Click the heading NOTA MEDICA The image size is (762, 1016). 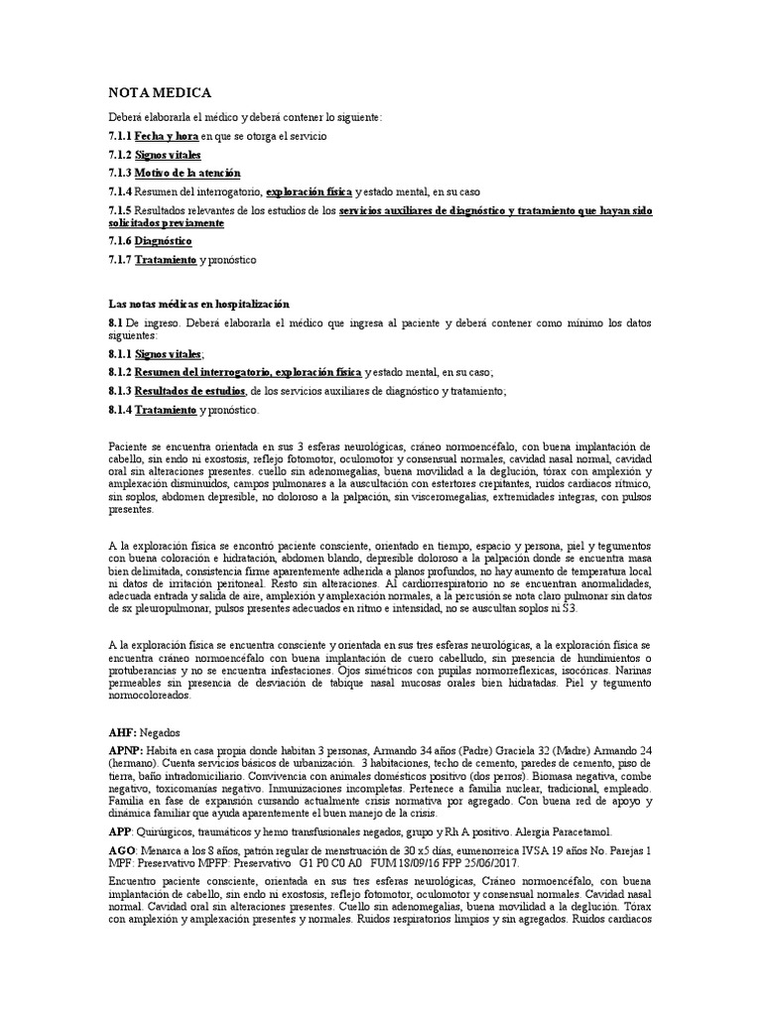[159, 92]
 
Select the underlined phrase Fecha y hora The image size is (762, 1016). [167, 135]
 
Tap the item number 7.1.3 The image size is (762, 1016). [119, 173]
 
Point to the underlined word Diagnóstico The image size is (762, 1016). [164, 241]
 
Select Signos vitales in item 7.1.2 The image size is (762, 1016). [168, 154]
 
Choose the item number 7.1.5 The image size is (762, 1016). [119, 210]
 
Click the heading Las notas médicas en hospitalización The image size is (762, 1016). [198, 303]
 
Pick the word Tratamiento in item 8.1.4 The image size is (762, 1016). [166, 410]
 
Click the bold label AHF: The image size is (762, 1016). [122, 731]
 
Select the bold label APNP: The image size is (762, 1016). [126, 751]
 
